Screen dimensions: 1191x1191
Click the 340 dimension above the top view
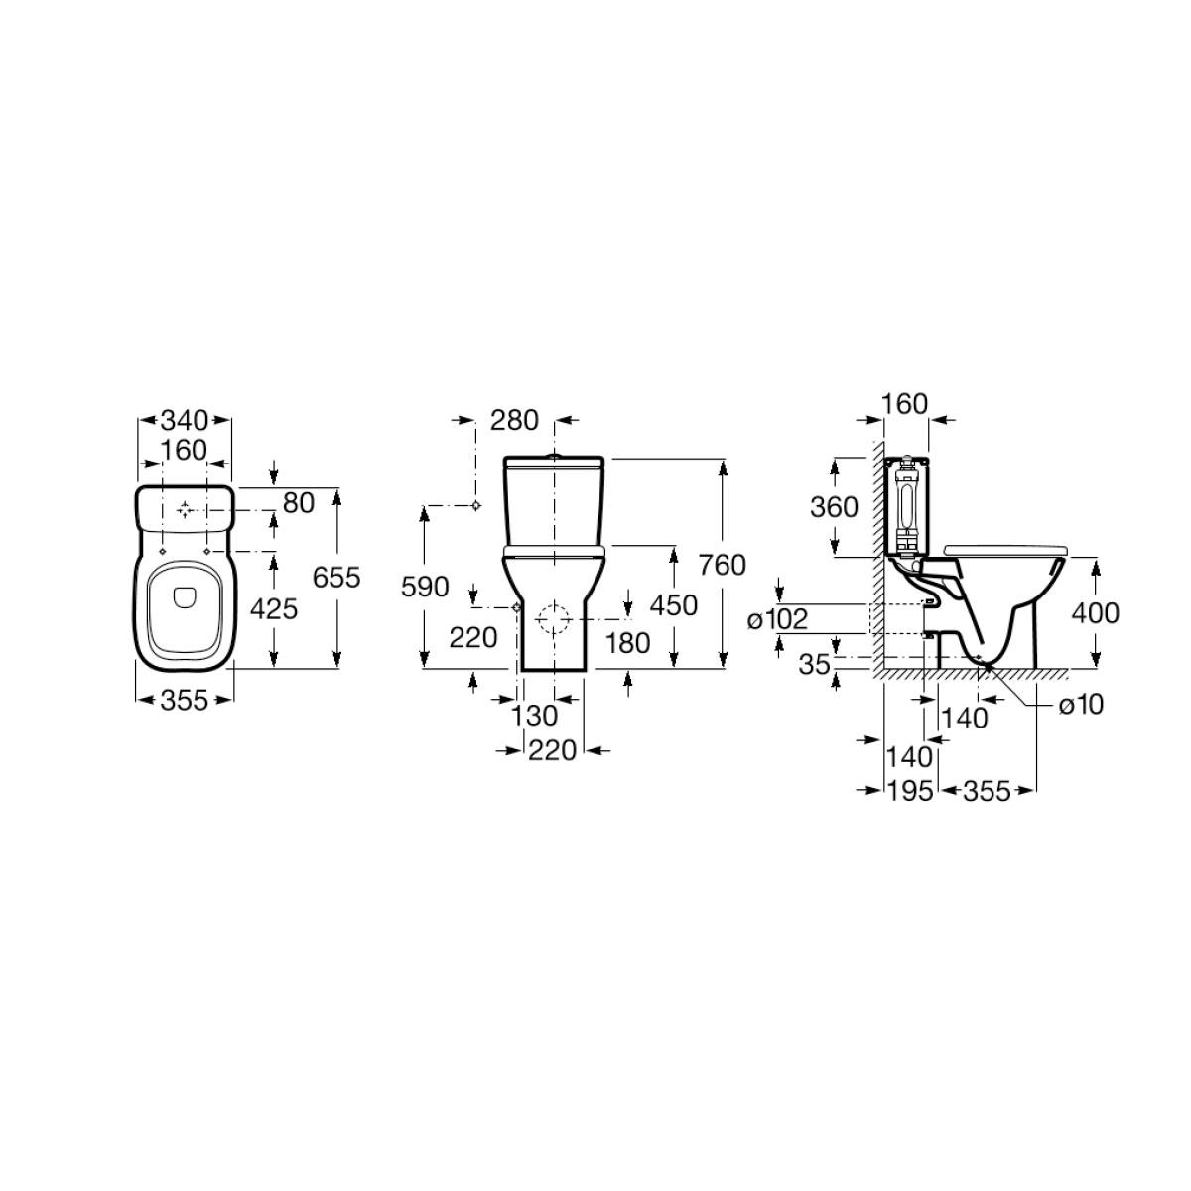[x=185, y=420]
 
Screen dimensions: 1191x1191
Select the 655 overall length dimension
[x=336, y=578]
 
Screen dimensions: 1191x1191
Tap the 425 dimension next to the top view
[x=274, y=609]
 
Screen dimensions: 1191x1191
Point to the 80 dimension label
[x=299, y=503]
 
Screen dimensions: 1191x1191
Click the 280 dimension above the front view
[x=514, y=420]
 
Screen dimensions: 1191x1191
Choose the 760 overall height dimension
[x=723, y=565]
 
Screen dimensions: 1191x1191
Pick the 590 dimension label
[x=425, y=587]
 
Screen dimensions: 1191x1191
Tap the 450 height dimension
[x=674, y=605]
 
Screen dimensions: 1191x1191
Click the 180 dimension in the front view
[x=627, y=643]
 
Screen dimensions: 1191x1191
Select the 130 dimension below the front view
[x=535, y=716]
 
